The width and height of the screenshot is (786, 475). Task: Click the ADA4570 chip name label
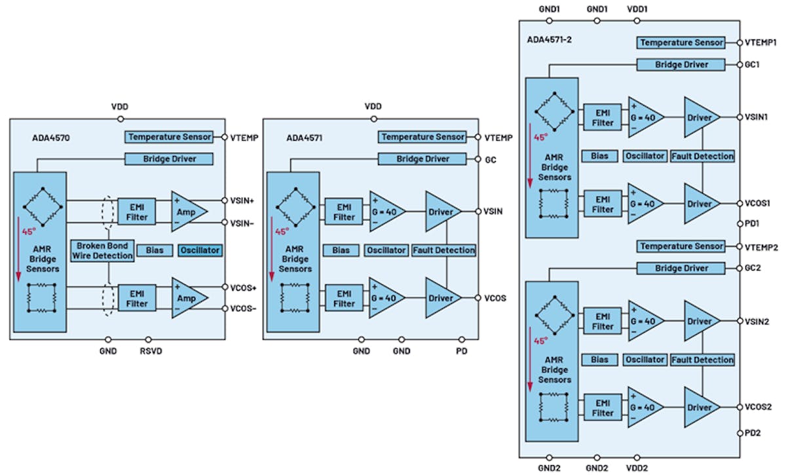click(x=51, y=138)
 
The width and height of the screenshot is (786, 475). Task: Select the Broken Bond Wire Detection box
click(x=103, y=250)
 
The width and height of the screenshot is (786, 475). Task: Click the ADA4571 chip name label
click(x=305, y=138)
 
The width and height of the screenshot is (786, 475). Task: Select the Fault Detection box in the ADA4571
click(x=443, y=250)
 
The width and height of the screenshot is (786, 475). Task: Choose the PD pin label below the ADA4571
click(x=462, y=352)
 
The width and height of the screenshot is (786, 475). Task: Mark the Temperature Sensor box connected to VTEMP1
click(x=681, y=43)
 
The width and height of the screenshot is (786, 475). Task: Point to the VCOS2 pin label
click(x=757, y=407)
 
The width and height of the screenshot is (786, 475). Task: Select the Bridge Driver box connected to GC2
click(x=681, y=269)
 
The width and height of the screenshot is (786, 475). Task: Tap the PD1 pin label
click(x=752, y=223)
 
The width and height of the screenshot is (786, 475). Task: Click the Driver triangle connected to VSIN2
click(x=700, y=322)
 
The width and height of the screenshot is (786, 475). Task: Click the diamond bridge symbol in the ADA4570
click(x=39, y=206)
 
